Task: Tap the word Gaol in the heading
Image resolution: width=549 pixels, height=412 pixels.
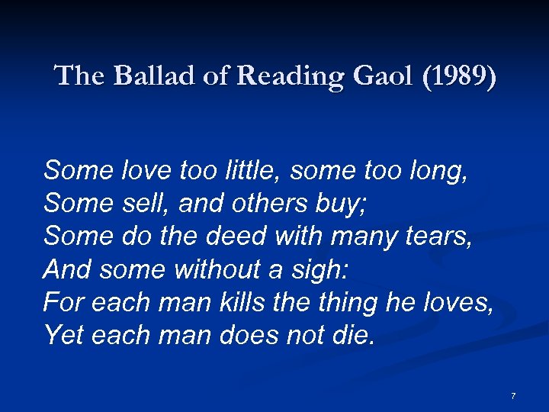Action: pyautogui.click(x=358, y=76)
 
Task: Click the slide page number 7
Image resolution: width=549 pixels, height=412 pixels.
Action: pyautogui.click(x=513, y=396)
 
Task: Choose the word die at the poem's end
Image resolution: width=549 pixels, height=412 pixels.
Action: pyautogui.click(x=355, y=335)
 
